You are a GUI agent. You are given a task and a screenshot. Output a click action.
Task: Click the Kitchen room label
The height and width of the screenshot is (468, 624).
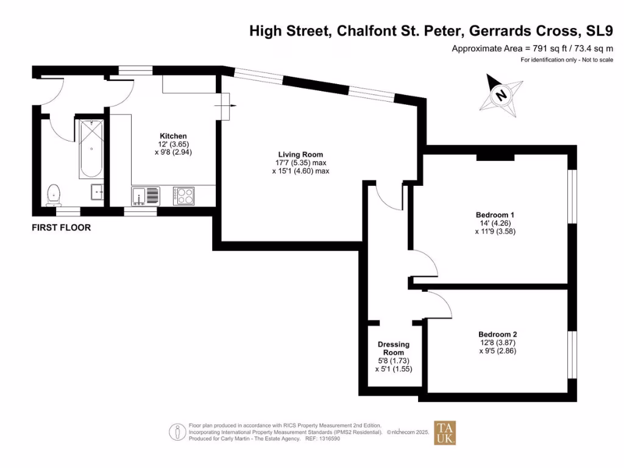coord(173,136)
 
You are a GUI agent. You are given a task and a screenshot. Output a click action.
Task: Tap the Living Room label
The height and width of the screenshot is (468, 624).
coord(300,154)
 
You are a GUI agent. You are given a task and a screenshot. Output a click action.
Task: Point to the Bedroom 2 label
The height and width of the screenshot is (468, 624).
coord(497,335)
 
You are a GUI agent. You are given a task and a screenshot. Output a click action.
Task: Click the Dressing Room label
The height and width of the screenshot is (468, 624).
coord(393,349)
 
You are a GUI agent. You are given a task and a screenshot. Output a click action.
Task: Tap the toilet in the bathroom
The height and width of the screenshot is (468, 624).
coord(55,193)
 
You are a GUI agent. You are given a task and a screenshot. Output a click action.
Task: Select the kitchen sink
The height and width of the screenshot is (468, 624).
coord(145,196)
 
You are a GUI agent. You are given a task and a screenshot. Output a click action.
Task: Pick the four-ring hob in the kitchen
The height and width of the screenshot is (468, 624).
coord(184,196)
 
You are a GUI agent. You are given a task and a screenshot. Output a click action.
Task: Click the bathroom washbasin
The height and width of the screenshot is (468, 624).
coord(97,192)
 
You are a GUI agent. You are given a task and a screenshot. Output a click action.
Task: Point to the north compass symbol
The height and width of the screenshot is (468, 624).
coord(501,96)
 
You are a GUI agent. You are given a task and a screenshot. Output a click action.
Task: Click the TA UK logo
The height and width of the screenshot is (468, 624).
coord(444,433)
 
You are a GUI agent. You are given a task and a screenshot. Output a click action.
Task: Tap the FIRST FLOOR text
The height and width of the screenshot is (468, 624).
coord(61,228)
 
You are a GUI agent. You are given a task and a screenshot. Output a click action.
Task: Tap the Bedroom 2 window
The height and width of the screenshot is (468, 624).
coord(572,355)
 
